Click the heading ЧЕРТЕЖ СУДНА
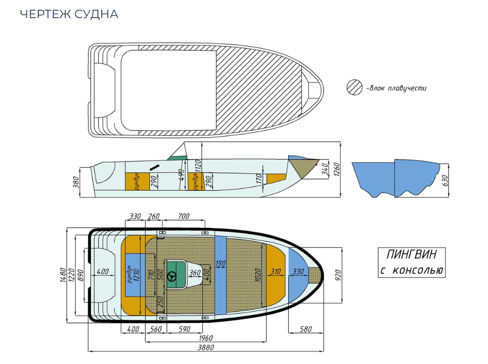(69, 14)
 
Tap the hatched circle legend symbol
(354, 88)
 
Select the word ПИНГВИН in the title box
(411, 255)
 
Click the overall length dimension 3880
(205, 346)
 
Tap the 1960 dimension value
(205, 338)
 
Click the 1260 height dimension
(336, 169)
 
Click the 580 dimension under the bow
(305, 329)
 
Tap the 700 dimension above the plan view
(184, 216)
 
